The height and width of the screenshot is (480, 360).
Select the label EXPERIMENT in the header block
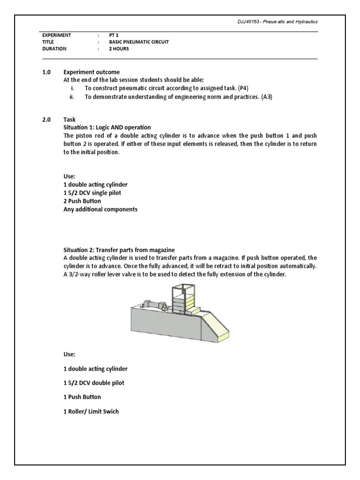click(x=56, y=35)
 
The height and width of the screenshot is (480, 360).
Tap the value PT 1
click(x=114, y=35)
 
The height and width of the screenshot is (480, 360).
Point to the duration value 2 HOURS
click(x=119, y=48)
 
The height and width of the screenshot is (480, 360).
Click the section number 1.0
click(x=46, y=72)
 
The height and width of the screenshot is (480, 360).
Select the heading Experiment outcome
click(x=91, y=72)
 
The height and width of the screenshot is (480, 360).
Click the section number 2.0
click(x=46, y=120)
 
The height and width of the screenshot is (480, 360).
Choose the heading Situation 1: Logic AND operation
click(x=107, y=127)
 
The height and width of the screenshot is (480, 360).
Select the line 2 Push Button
click(x=82, y=201)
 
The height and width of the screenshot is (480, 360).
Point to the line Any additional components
click(x=100, y=210)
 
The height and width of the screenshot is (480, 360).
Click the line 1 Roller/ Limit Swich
click(x=91, y=412)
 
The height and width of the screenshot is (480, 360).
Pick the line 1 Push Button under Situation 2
click(x=82, y=397)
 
